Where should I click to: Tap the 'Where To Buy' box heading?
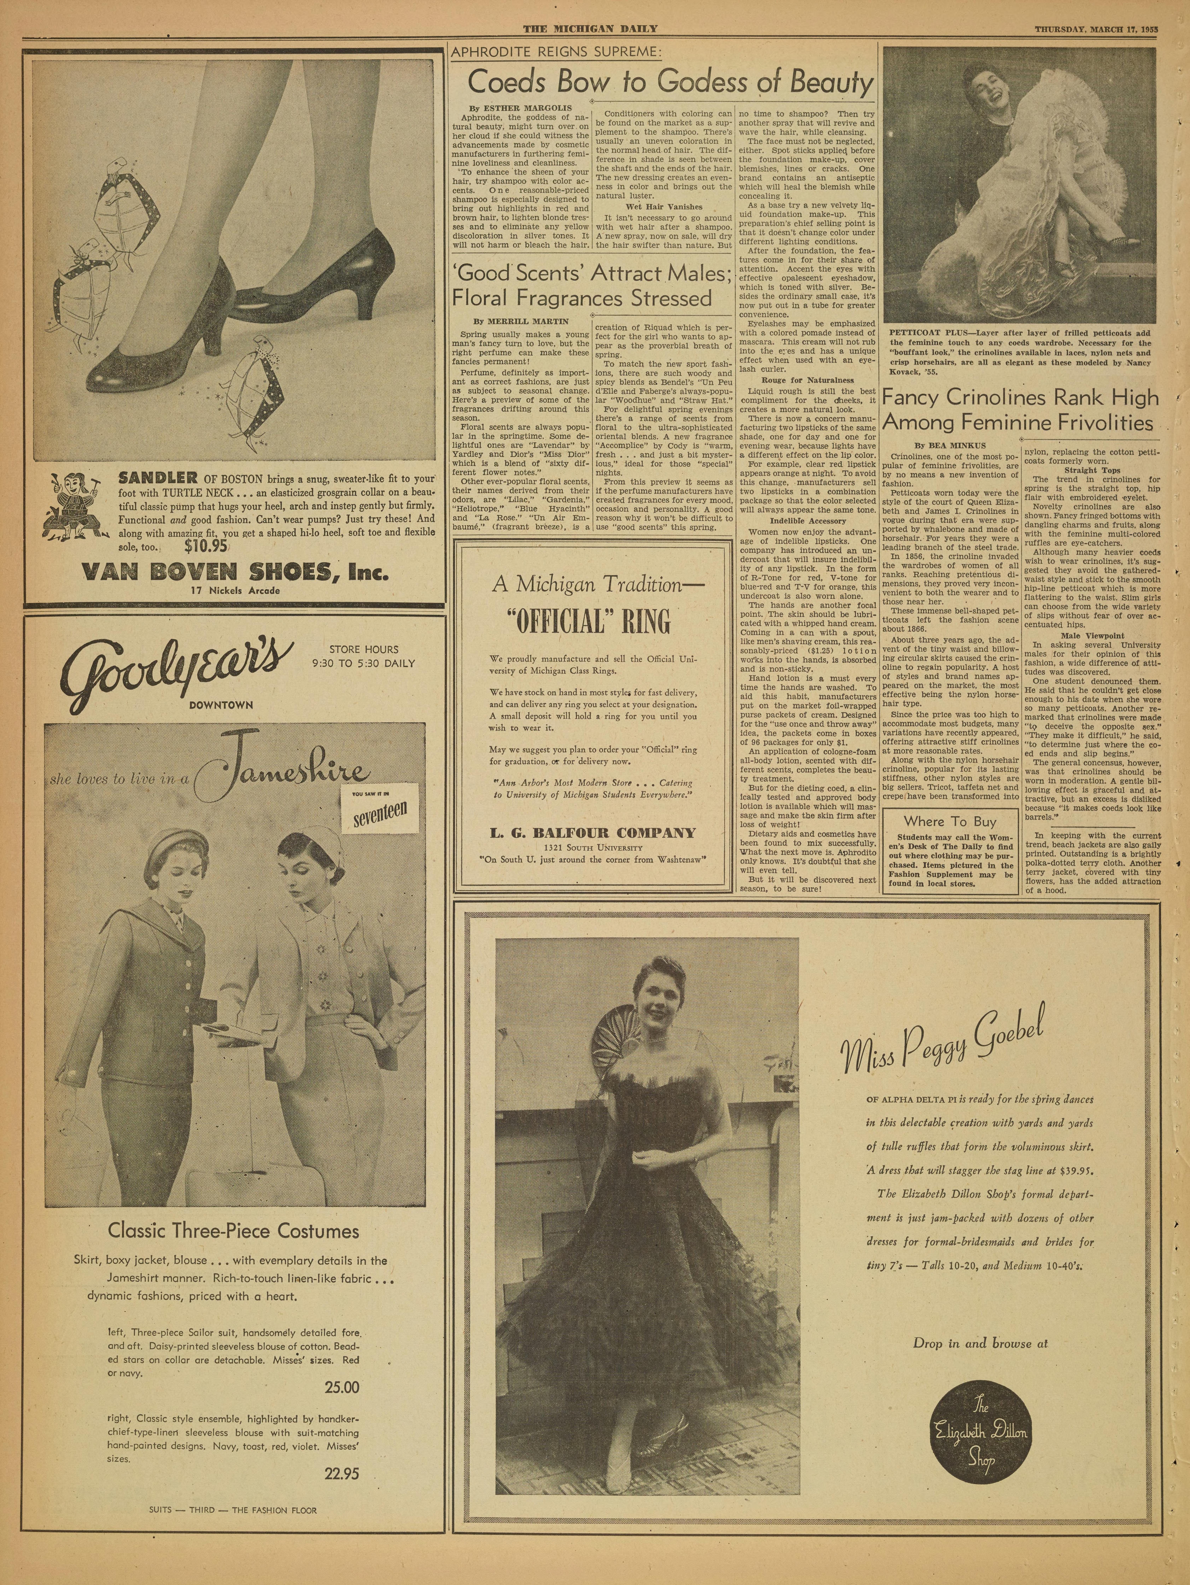pos(950,821)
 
